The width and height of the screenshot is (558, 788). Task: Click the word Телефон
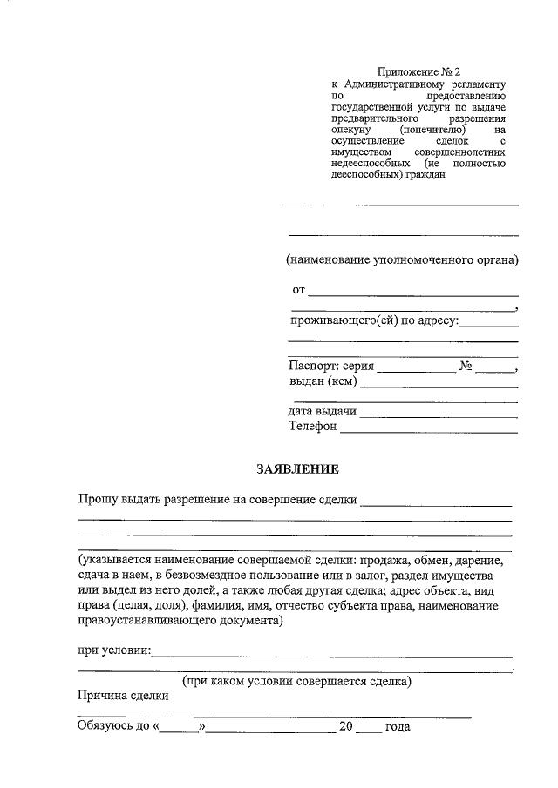(312, 427)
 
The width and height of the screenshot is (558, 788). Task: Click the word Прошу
(96, 500)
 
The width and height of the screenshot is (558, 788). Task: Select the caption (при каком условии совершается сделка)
(296, 681)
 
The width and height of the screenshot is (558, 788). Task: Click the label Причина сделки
(123, 696)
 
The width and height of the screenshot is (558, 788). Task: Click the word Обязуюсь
(105, 726)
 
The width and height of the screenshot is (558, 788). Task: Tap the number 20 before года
(346, 726)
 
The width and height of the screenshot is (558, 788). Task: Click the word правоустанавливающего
(145, 622)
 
